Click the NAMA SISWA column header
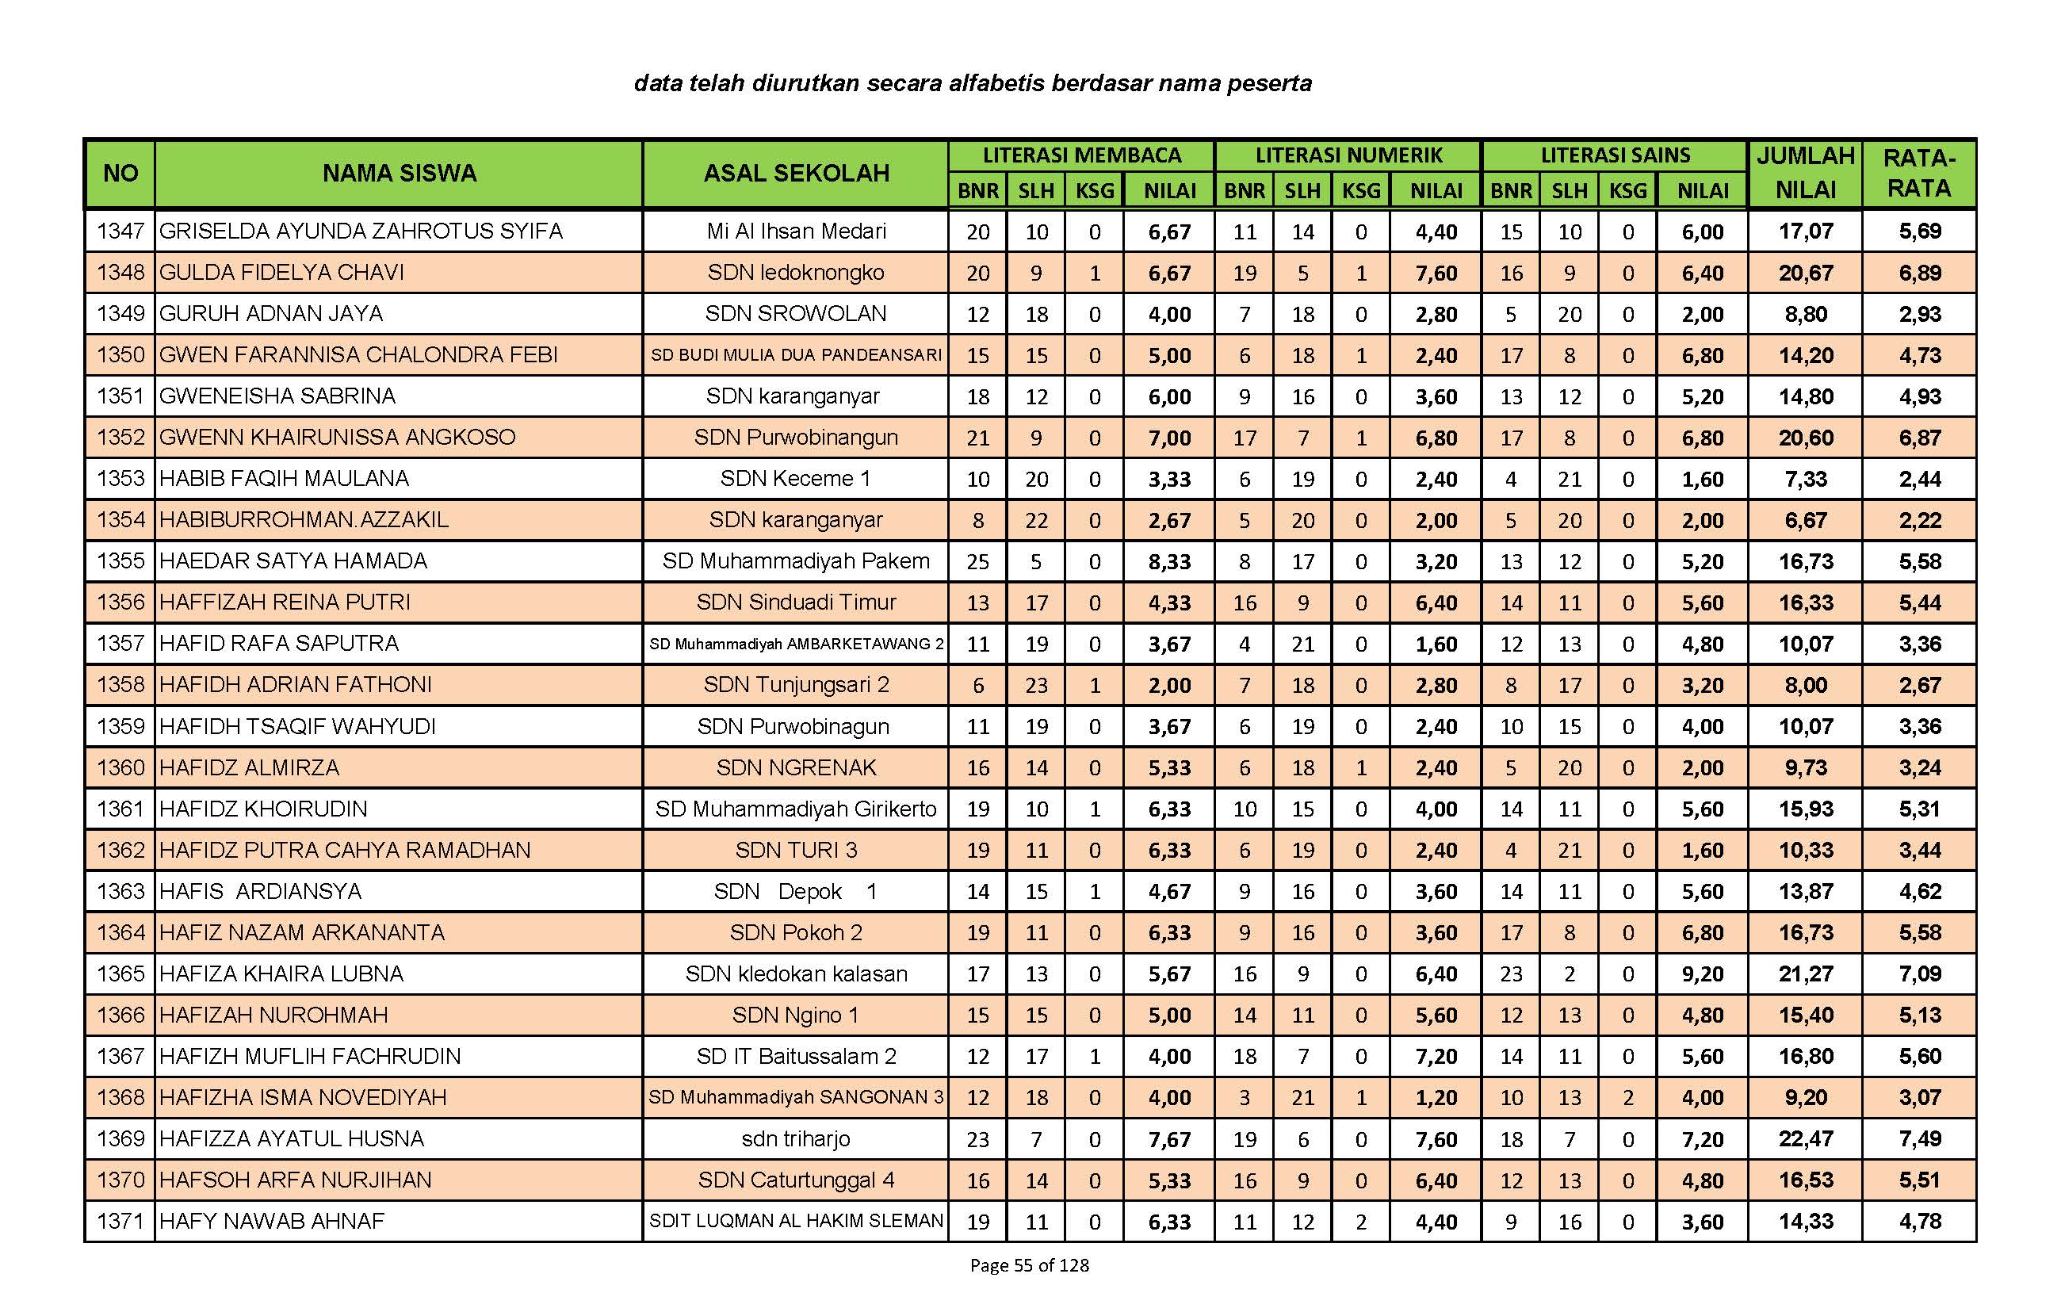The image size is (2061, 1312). point(399,173)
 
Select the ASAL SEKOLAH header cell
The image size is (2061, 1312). point(796,173)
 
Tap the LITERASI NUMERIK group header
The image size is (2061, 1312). point(1348,155)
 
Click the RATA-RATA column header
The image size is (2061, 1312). point(1919,173)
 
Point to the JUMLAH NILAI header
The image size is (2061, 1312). point(1805,173)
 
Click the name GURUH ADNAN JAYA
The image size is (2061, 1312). point(270,313)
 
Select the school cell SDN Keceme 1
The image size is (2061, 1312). point(795,478)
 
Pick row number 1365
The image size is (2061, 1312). point(120,974)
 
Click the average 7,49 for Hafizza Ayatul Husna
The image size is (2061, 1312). point(1920,1139)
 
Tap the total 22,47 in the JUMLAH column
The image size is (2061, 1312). point(1806,1139)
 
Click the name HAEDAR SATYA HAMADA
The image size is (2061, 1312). point(293,560)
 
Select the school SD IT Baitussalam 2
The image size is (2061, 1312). point(796,1056)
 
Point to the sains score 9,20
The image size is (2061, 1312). point(1703,974)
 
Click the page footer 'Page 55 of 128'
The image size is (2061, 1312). point(1029,1265)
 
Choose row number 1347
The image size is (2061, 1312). point(120,231)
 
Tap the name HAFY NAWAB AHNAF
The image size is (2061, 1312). point(271,1222)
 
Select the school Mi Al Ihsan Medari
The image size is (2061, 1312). point(796,231)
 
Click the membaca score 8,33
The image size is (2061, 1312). point(1169,561)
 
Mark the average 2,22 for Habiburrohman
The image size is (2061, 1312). point(1920,520)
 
